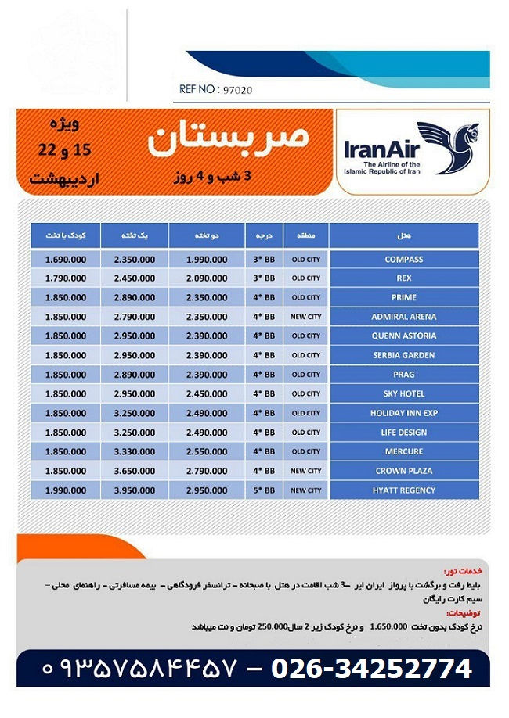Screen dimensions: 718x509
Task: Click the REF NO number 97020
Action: (236, 90)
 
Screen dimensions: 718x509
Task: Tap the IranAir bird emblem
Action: (447, 147)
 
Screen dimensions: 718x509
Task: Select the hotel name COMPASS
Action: (403, 259)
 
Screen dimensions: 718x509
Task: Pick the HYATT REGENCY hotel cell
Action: (403, 490)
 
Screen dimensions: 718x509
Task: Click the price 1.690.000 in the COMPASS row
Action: (66, 259)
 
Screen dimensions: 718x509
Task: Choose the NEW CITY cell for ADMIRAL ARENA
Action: (306, 317)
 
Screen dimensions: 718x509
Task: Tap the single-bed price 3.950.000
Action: (134, 490)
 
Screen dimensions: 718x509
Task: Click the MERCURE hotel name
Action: (403, 451)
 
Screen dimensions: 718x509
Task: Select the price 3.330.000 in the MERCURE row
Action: (134, 451)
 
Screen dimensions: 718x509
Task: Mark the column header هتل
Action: (405, 234)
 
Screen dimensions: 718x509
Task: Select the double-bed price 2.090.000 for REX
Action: (207, 278)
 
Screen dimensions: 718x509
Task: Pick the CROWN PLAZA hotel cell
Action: (403, 471)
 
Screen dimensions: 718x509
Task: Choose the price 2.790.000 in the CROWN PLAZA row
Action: (207, 471)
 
